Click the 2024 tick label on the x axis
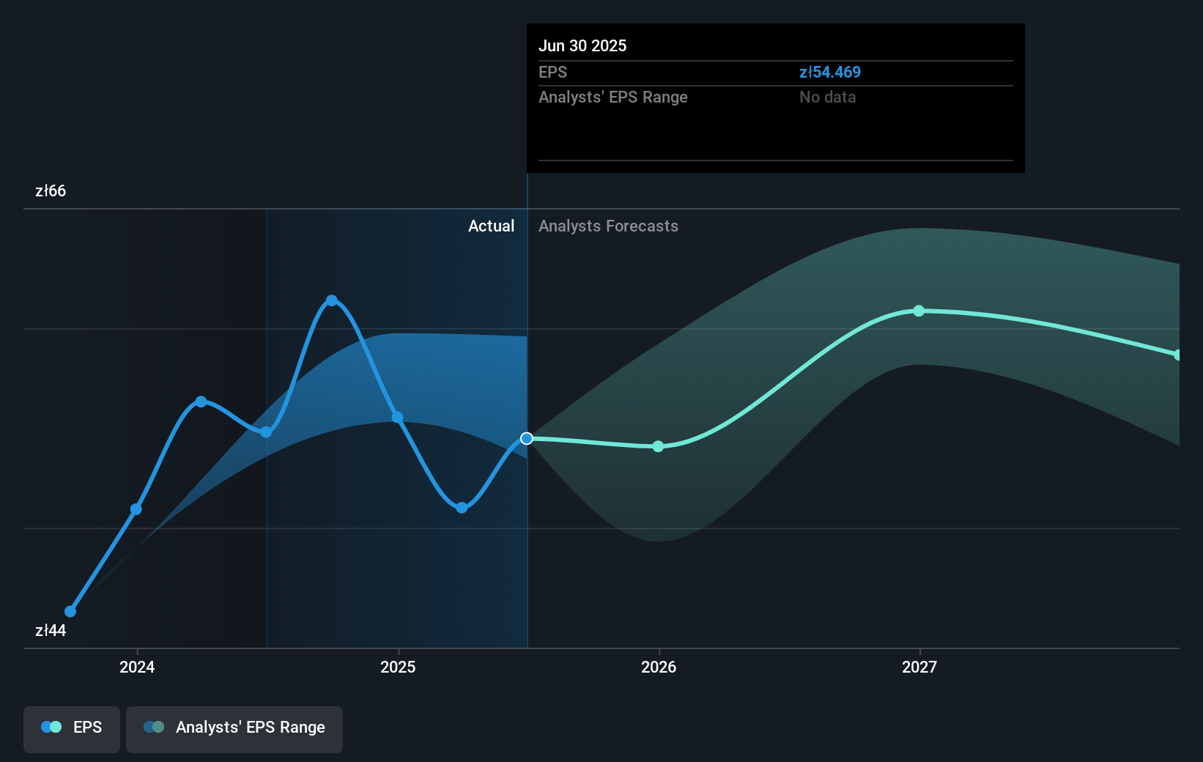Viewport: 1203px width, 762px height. tap(137, 667)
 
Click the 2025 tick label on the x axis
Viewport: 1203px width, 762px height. tap(398, 667)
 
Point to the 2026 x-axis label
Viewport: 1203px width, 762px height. tap(659, 667)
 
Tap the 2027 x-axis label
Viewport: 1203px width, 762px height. tap(919, 667)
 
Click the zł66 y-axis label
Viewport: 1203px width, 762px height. tap(51, 191)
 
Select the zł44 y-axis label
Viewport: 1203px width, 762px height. tap(51, 631)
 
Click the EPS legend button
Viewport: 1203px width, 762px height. tap(72, 728)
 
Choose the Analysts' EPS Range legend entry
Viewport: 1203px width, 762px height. tap(234, 728)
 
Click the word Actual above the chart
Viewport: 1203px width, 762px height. tap(491, 226)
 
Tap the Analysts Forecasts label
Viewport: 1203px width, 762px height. tap(608, 226)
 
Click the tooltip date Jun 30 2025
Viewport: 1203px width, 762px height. tap(582, 46)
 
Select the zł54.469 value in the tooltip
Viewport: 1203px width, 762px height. tap(829, 73)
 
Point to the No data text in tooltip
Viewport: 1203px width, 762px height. tap(827, 97)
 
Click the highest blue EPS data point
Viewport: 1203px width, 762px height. tap(332, 300)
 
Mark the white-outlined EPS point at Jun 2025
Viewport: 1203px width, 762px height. tap(527, 439)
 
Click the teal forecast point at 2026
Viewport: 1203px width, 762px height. tap(658, 446)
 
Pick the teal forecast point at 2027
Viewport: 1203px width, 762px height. tap(919, 311)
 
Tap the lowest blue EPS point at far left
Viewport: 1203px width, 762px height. tap(70, 611)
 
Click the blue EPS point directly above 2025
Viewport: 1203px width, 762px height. tap(397, 418)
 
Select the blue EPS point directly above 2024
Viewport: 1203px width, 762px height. tap(136, 509)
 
